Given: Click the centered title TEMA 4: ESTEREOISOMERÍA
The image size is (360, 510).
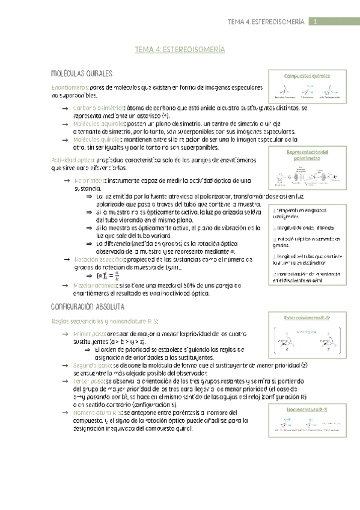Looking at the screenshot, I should [x=180, y=51].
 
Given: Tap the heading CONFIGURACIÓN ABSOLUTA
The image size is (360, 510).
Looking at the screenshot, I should [x=89, y=307].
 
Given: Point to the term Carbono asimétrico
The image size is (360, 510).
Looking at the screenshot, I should [x=99, y=107].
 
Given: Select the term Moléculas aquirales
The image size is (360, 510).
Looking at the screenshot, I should [x=99, y=123].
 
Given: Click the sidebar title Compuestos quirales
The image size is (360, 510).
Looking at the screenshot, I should [x=308, y=76].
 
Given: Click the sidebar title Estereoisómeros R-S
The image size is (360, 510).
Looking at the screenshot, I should [x=308, y=317].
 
